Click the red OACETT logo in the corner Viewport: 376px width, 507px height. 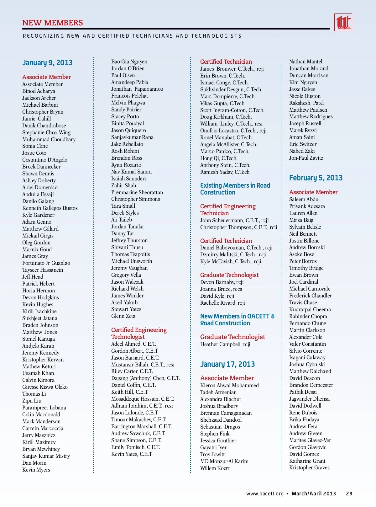(343, 22)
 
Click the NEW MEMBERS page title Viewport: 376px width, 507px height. (53, 23)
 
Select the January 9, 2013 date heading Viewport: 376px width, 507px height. (47, 63)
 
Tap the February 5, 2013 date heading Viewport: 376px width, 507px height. (316, 178)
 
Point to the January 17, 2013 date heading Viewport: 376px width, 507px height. (227, 364)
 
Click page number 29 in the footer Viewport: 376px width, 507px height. (349, 494)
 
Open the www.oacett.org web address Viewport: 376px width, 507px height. (265, 494)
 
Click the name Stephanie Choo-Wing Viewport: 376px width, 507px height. (46, 132)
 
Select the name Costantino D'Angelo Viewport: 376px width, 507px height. (45, 160)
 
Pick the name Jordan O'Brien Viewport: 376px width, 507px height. (128, 68)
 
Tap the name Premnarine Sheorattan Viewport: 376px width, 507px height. (137, 192)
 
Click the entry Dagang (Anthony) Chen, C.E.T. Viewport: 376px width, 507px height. (145, 378)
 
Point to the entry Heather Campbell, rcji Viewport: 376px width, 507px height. (225, 344)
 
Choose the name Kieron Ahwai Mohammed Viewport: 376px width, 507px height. (229, 385)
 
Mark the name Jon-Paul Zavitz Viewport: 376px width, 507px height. (306, 158)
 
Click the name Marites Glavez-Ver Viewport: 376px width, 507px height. (310, 440)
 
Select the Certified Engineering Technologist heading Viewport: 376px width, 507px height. (139, 333)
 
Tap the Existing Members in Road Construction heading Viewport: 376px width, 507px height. (235, 189)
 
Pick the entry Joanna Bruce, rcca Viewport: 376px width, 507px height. (221, 289)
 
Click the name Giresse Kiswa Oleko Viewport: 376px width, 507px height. (45, 387)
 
